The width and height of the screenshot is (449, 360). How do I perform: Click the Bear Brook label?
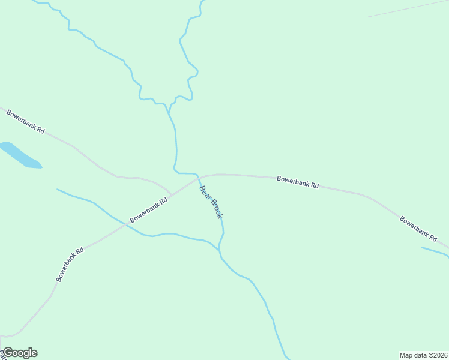tap(211, 202)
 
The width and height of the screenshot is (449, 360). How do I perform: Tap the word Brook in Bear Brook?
tap(215, 208)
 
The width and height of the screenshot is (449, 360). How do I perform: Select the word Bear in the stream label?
tap(205, 193)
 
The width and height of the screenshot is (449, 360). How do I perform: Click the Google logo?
tap(20, 353)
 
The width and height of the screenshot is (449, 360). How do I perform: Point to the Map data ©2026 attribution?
tap(423, 355)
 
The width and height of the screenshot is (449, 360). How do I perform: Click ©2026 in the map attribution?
tap(436, 355)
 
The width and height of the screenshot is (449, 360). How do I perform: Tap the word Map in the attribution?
tap(406, 355)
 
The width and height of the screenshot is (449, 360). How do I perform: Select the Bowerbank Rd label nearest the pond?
tap(26, 122)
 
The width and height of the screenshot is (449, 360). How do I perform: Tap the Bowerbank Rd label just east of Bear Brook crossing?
tap(298, 182)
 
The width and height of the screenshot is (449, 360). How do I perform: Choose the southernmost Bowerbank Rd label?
tap(70, 264)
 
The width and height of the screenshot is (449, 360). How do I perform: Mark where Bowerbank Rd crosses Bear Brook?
tap(199, 177)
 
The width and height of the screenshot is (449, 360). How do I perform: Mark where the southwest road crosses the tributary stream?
tap(125, 224)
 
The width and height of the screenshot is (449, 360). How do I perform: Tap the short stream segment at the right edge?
tap(435, 251)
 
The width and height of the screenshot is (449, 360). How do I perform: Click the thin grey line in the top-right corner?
tap(408, 8)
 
